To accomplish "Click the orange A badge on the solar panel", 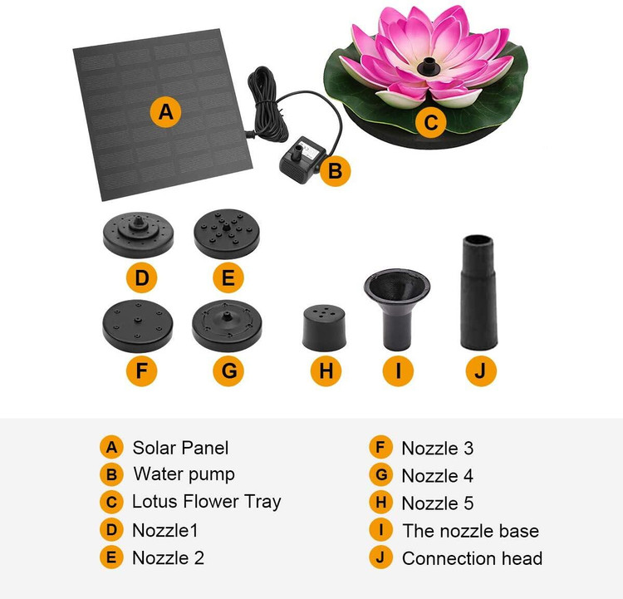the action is [x=165, y=112].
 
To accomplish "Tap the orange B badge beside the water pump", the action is [x=336, y=171].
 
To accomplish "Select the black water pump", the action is [x=302, y=159].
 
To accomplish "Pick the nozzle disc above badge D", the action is [x=138, y=234].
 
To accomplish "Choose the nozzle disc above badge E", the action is [x=227, y=233].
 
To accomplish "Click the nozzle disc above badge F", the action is [x=137, y=326].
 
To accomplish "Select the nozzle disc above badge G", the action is [x=227, y=326].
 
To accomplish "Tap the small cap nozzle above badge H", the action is [x=324, y=328].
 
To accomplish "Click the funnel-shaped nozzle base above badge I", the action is [x=397, y=309].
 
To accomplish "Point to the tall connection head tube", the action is [x=478, y=292].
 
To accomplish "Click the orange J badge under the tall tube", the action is [x=481, y=371].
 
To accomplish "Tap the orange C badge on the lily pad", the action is [x=430, y=123].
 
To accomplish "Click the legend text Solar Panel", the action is [x=180, y=448].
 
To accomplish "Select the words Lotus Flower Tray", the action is [x=207, y=501].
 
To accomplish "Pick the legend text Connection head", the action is [x=472, y=558].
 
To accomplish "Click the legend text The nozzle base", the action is [x=471, y=531].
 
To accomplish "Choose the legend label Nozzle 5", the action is [x=438, y=503].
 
